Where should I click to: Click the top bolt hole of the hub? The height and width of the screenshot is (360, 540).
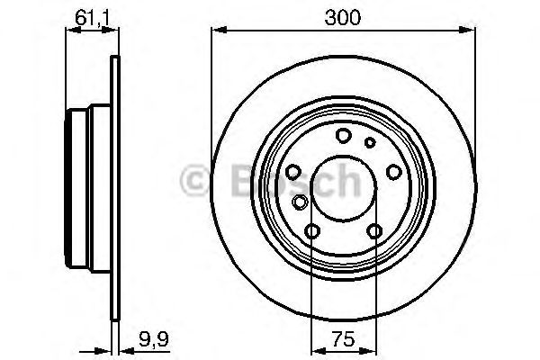344,136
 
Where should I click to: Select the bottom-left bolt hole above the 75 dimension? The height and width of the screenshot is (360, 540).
312,232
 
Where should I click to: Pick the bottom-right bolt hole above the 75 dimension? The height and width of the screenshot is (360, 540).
375,232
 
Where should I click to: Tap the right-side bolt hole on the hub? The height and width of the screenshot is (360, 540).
393,172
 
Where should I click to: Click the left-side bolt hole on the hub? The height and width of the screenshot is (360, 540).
293,172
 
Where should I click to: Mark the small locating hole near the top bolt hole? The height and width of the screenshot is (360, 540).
369,142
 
